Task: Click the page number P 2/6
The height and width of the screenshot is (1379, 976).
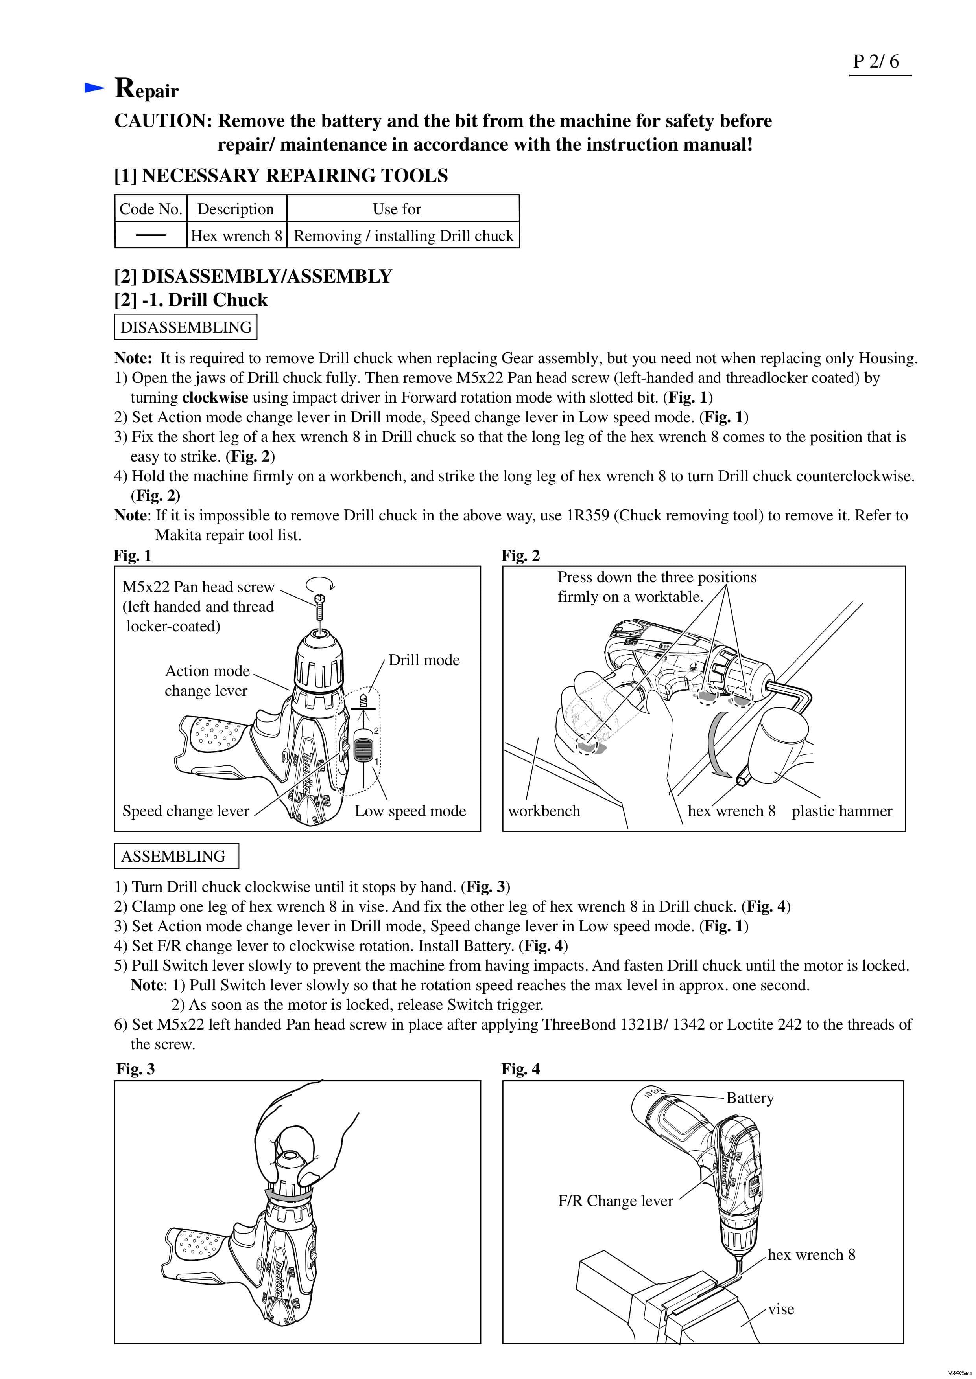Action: pyautogui.click(x=876, y=61)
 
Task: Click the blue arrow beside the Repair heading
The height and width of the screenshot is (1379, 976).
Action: pyautogui.click(x=94, y=88)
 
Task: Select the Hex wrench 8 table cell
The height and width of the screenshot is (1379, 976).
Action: pyautogui.click(x=236, y=235)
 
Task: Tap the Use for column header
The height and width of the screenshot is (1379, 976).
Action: pyautogui.click(x=397, y=209)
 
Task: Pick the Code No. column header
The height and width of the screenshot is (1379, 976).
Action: pyautogui.click(x=150, y=209)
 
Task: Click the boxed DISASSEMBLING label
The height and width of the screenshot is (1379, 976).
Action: pyautogui.click(x=186, y=327)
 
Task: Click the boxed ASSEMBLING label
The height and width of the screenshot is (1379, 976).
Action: pyautogui.click(x=174, y=856)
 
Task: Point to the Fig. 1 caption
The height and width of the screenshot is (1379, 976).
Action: pyautogui.click(x=132, y=555)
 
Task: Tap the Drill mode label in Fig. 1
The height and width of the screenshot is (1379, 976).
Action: pyautogui.click(x=424, y=660)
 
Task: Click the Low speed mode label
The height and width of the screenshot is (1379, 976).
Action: pyautogui.click(x=410, y=811)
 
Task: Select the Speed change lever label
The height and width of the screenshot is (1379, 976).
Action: pyautogui.click(x=186, y=811)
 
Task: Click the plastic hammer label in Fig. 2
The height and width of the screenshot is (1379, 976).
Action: pyautogui.click(x=841, y=811)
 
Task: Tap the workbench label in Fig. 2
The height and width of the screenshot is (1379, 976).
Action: pyautogui.click(x=544, y=811)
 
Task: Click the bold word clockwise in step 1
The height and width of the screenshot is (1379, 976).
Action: pyautogui.click(x=215, y=397)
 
